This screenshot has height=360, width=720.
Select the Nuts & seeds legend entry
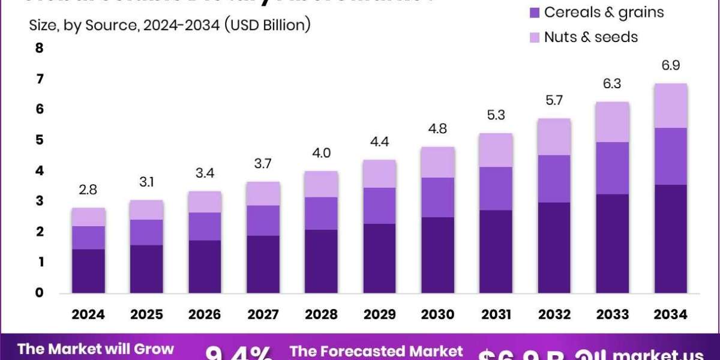point(590,37)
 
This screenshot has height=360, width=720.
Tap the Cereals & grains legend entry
point(603,12)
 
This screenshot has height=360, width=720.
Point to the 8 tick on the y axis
point(40,49)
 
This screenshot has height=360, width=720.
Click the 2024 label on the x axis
point(88,314)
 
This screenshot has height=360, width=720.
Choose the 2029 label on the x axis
point(380,314)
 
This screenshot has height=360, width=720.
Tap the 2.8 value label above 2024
point(88,190)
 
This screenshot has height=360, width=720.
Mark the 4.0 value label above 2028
point(322,153)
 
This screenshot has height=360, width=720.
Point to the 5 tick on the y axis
point(40,140)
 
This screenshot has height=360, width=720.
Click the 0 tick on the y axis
point(40,293)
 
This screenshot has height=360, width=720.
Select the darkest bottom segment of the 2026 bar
point(205,266)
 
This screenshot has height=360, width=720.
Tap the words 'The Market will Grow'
point(95,349)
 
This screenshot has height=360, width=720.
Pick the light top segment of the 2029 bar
point(380,174)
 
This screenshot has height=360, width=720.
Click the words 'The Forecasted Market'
point(376,351)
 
